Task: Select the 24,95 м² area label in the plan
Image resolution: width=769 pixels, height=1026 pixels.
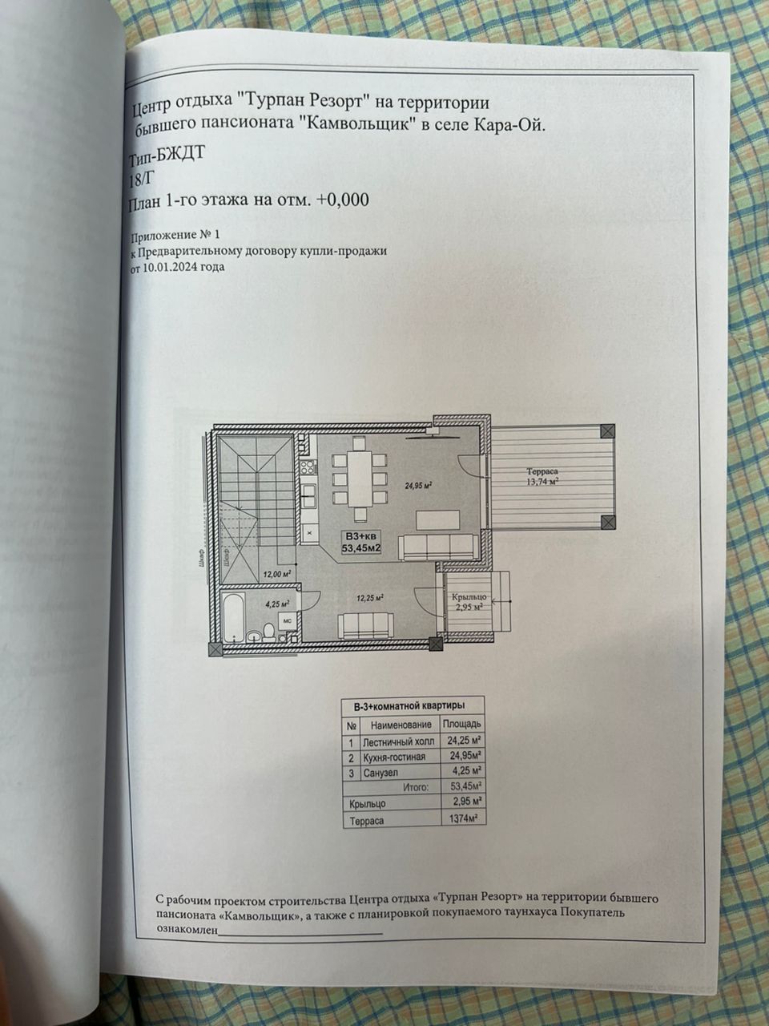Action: coord(418,485)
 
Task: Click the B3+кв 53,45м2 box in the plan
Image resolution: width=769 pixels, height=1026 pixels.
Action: coord(362,543)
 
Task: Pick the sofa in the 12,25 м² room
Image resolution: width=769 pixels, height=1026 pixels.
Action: coord(364,624)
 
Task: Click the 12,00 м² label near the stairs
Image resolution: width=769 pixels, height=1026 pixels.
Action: coord(276,574)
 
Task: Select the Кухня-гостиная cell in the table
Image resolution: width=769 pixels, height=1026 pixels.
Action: coord(394,756)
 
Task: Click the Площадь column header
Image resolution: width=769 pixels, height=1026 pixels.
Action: coord(462,724)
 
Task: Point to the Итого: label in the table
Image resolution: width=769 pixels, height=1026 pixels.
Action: coord(417,787)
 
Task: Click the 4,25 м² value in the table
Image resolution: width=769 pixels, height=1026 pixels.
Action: coord(465,771)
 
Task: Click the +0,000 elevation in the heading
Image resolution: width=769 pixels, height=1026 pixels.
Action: coord(342,200)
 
